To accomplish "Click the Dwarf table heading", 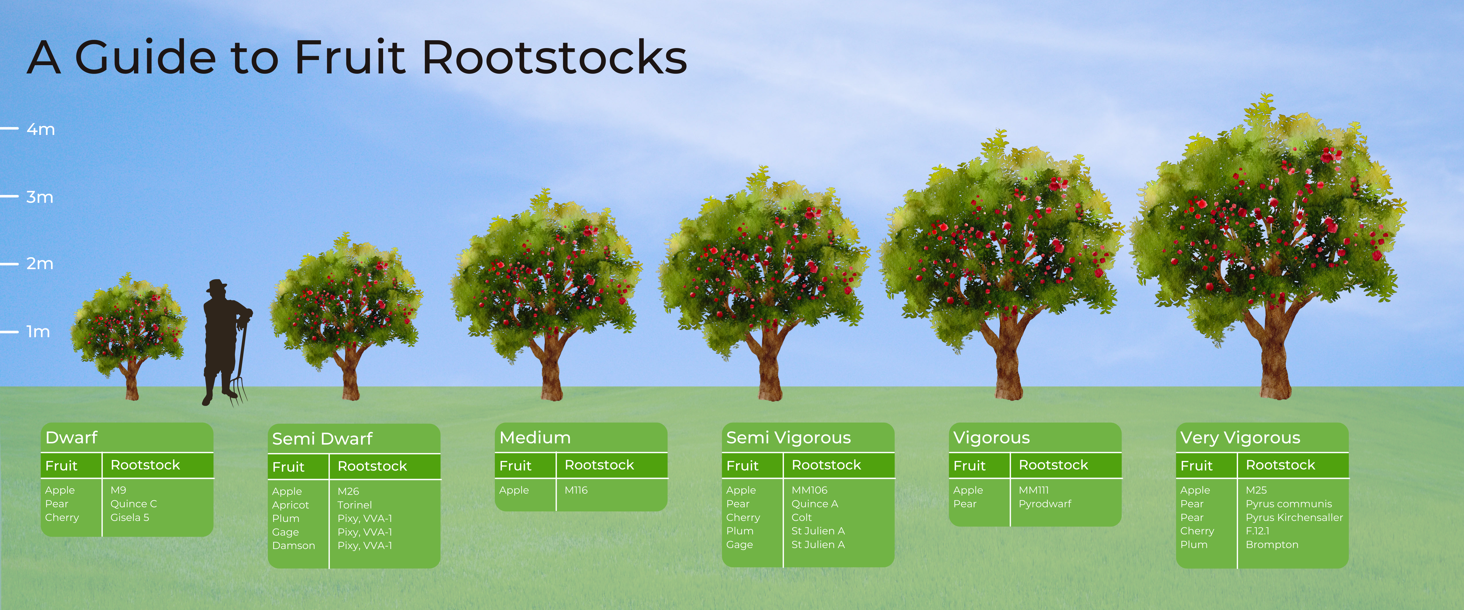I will coord(71,438).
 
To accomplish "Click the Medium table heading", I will coord(535,438).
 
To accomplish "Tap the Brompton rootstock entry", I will coord(1272,545).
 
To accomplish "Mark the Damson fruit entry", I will coord(293,546).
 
